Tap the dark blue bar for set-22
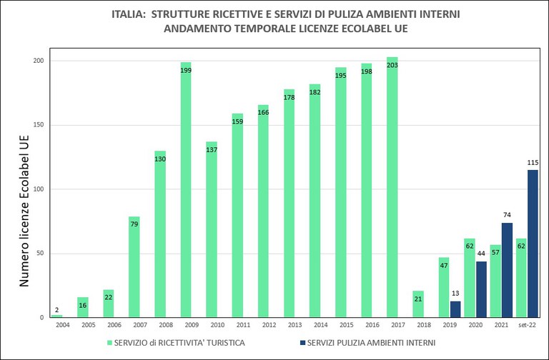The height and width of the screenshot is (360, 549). tap(532, 244)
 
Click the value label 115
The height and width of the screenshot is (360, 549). tap(533, 163)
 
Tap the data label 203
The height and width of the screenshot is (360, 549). tap(392, 65)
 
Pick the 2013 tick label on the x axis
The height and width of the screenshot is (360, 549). tap(289, 325)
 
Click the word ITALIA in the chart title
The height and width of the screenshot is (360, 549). tap(132, 14)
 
